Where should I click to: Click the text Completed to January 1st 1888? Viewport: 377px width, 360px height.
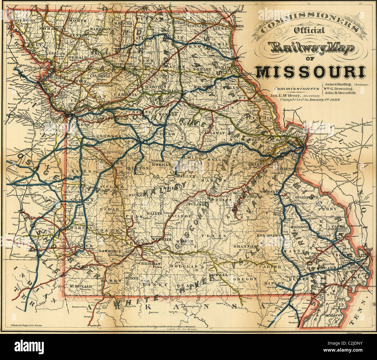point(310,99)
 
